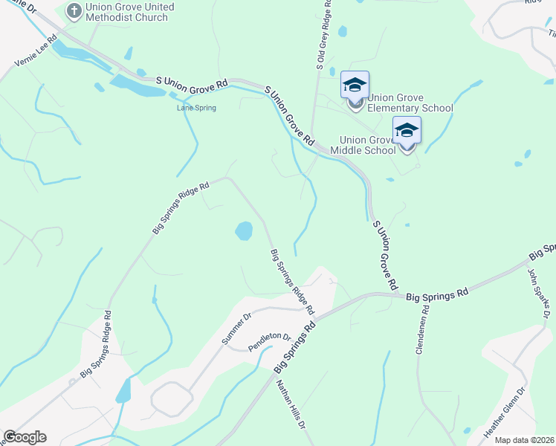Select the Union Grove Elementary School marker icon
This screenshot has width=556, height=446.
pyautogui.click(x=355, y=87)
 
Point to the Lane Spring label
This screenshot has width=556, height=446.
pyautogui.click(x=196, y=108)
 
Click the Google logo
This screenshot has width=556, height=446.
pyautogui.click(x=25, y=437)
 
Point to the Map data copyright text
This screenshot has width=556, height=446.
pyautogui.click(x=524, y=440)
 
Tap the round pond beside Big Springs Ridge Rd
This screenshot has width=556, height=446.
pyautogui.click(x=244, y=231)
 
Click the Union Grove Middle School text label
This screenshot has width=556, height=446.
pyautogui.click(x=368, y=145)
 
